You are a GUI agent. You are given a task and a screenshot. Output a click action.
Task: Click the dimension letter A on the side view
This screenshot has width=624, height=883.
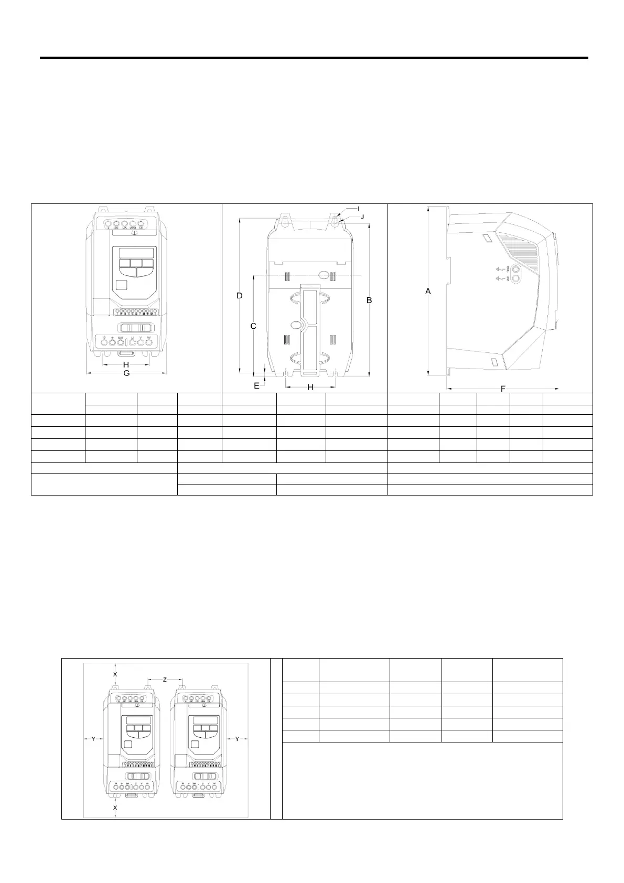428,291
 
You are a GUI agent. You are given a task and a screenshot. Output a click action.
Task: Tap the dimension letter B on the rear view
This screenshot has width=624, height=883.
369,300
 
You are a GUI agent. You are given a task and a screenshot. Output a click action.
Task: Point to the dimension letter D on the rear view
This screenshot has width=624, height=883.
239,296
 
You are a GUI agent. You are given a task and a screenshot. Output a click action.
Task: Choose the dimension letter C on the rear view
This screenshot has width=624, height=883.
253,326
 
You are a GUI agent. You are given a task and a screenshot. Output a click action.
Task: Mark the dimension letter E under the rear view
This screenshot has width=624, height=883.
256,386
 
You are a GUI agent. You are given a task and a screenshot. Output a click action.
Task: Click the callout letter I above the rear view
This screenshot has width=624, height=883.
359,209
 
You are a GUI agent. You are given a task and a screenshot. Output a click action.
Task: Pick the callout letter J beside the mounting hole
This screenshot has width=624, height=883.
362,216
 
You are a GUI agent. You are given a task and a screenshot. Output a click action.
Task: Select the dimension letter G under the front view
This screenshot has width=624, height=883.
126,373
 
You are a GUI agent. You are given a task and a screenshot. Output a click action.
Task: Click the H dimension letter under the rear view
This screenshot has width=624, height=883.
310,387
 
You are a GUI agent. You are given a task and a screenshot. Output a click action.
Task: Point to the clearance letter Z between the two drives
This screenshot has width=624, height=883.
165,680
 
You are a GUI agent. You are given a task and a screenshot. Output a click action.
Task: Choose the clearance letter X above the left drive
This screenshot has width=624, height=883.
115,673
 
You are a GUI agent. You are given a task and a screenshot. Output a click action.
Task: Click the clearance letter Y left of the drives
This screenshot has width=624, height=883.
93,739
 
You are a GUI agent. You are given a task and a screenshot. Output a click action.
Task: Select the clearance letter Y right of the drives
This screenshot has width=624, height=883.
237,739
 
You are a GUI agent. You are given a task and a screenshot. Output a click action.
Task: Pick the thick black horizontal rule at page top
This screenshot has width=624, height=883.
314,58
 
